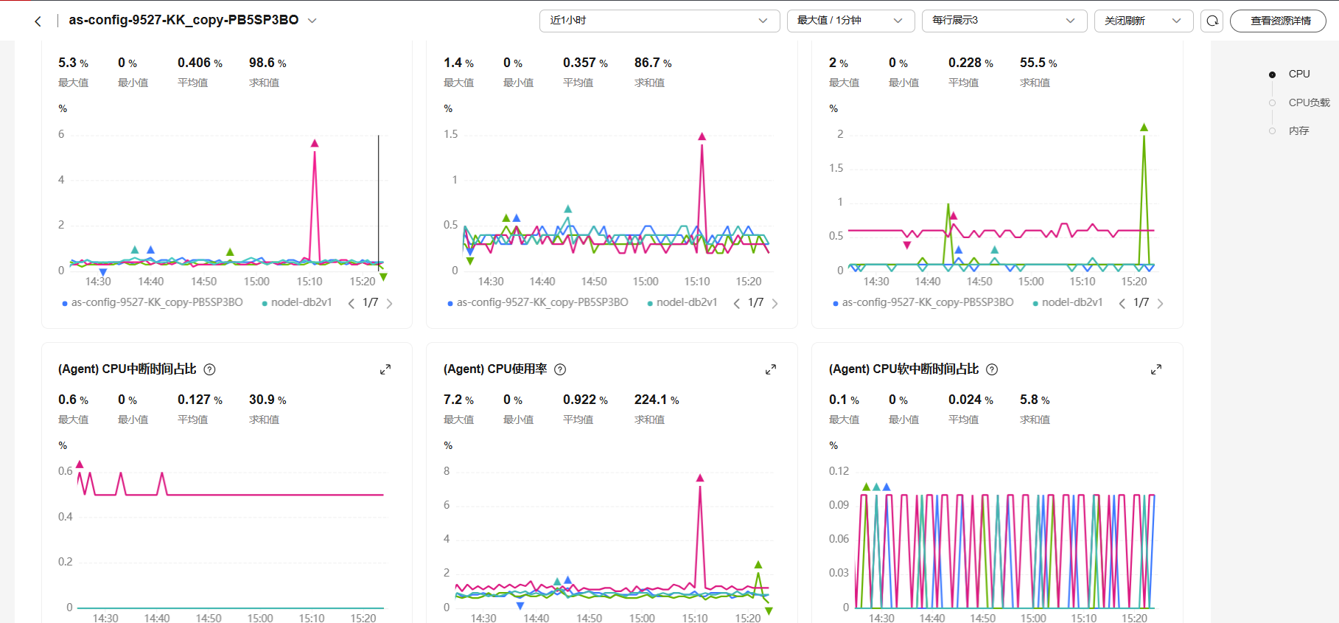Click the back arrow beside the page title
point(38,21)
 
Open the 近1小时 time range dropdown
point(659,21)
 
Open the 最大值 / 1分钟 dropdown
point(850,21)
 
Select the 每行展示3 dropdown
point(1004,21)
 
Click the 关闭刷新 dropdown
point(1143,21)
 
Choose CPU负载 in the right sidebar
point(1309,102)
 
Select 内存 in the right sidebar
point(1298,130)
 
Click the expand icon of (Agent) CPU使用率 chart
point(771,369)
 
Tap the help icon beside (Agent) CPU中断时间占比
point(209,369)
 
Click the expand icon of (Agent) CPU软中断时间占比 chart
point(1156,369)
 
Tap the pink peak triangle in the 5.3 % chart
point(315,143)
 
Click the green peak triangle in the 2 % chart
point(1144,128)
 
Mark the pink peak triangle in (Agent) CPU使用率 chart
point(700,478)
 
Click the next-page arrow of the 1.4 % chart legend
point(775,303)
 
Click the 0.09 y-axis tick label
point(839,505)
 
